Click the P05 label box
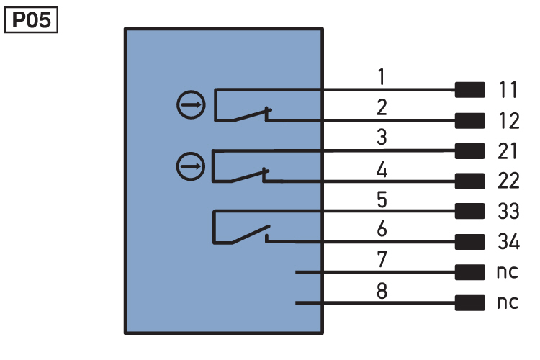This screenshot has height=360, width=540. (x=32, y=20)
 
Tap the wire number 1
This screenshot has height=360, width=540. (x=381, y=76)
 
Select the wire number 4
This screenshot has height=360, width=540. (x=382, y=169)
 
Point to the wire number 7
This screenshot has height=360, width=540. (x=382, y=259)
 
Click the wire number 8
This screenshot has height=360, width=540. (x=382, y=291)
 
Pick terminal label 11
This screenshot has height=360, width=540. (x=508, y=90)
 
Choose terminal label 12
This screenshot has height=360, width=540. (x=508, y=121)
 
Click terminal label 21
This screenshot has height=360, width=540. (x=508, y=151)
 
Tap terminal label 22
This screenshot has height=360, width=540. (x=508, y=181)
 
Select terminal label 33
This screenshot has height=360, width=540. (x=508, y=211)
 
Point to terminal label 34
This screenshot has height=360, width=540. (x=508, y=241)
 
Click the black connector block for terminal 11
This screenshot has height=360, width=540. (x=469, y=90)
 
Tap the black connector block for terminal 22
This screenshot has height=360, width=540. (x=469, y=181)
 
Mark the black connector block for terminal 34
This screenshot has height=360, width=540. (x=469, y=242)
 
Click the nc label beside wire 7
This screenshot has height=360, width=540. (x=508, y=272)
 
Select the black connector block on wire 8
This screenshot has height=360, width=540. (x=469, y=303)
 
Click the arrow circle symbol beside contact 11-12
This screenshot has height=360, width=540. (x=191, y=104)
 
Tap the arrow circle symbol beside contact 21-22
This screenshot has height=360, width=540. (x=191, y=166)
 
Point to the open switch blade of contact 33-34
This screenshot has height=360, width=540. (x=251, y=234)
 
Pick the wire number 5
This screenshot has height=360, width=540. (x=382, y=199)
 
